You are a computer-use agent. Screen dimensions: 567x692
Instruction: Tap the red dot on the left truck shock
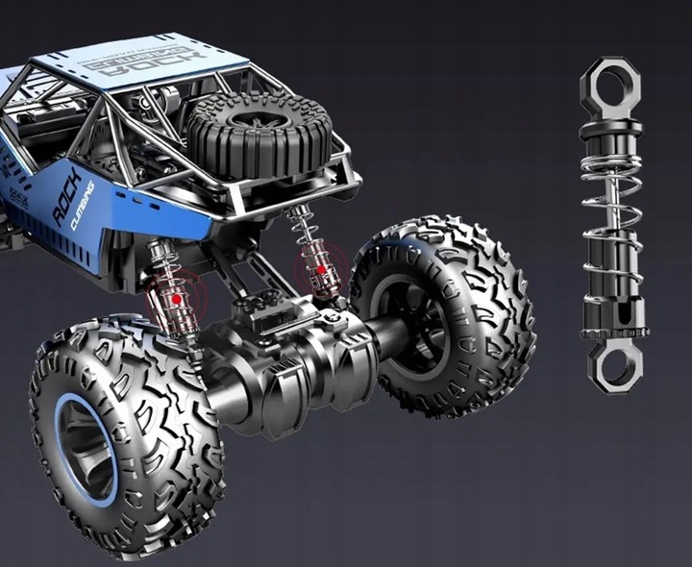click(177, 299)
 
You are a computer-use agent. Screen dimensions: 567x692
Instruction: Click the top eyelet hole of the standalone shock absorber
click(610, 85)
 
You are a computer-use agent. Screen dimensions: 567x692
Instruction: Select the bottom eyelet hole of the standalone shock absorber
click(612, 365)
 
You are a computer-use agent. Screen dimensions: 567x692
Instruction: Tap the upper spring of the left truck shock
click(160, 258)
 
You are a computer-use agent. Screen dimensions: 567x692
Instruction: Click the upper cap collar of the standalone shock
click(611, 127)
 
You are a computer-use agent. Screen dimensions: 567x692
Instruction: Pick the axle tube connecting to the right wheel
click(384, 336)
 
